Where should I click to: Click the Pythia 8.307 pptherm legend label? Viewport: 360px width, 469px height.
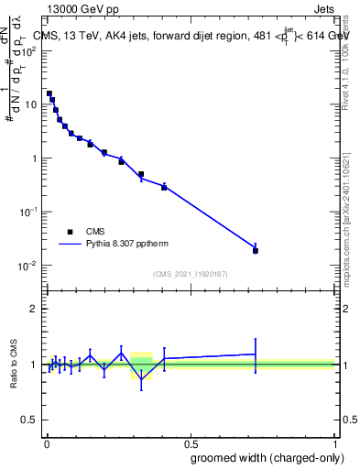(133, 245)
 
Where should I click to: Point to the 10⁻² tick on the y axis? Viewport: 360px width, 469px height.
(42, 266)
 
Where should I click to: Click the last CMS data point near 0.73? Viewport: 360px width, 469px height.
(256, 250)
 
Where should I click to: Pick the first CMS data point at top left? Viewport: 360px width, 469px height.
(49, 93)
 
